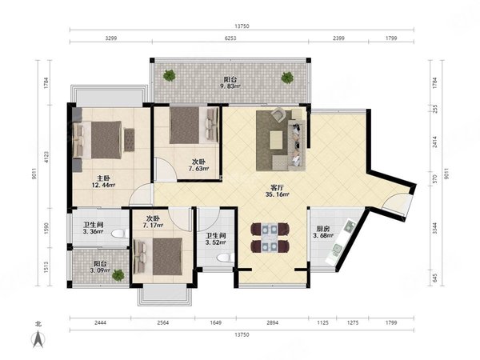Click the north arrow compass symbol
[x=38, y=339]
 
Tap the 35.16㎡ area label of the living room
[x=278, y=194]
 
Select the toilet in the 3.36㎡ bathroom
[x=120, y=234]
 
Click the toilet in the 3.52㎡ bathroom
[x=225, y=258]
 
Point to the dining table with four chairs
[x=270, y=238]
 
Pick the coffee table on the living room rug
[x=276, y=140]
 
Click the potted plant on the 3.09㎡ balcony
[x=118, y=274]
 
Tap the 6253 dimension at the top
[x=230, y=38]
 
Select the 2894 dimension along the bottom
[x=273, y=322]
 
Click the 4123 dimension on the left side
[x=46, y=157]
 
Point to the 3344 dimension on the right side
[x=435, y=228]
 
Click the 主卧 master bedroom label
[x=103, y=178]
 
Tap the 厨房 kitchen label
[x=323, y=228]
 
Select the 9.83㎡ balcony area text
[x=230, y=86]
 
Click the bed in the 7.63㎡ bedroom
[x=194, y=125]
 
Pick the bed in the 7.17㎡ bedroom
[x=158, y=256]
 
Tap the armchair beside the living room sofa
[x=279, y=114]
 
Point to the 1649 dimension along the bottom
[x=216, y=322]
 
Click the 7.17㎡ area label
[x=153, y=226]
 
